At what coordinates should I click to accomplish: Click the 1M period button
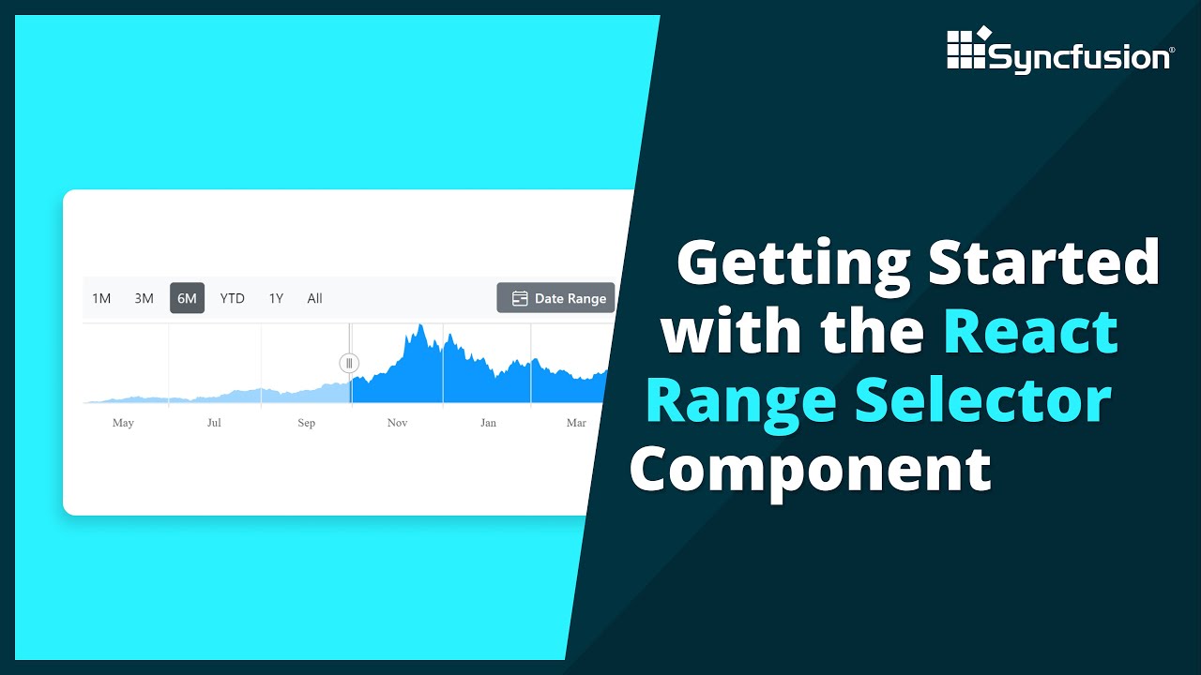[101, 298]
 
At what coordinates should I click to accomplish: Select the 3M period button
[144, 298]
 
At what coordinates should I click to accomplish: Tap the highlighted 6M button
[187, 298]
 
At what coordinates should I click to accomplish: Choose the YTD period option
[232, 298]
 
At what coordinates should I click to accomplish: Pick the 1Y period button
[276, 298]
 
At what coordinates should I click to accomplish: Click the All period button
[314, 298]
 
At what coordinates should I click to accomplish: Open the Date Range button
[555, 298]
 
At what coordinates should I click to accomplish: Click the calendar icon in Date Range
[520, 298]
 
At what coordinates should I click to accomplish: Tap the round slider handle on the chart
[349, 363]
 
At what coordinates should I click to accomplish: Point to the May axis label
[123, 423]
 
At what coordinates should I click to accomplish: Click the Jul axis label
[214, 423]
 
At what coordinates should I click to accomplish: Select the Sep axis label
[306, 423]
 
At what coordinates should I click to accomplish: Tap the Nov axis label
[397, 423]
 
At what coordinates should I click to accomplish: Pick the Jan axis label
[488, 423]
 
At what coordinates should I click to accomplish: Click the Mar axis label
[576, 423]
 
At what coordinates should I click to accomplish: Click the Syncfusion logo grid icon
[966, 49]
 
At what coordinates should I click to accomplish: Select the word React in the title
[1030, 331]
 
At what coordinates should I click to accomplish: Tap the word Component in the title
[811, 468]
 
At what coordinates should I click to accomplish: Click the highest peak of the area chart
[421, 326]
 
